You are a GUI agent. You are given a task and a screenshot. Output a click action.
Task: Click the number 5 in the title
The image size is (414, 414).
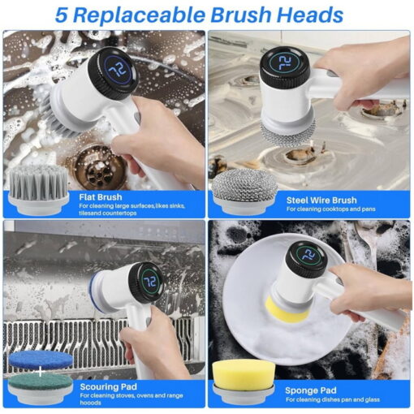(61, 15)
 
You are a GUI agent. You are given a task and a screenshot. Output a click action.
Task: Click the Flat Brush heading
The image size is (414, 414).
(101, 197)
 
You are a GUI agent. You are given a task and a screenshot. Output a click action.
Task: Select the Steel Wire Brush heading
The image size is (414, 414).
(321, 201)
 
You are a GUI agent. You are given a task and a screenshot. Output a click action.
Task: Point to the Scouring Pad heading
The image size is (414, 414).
(108, 386)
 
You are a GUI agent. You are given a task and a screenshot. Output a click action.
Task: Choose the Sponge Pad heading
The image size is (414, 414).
(311, 390)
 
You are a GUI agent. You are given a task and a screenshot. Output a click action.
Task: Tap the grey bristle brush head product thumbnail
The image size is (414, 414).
(38, 189)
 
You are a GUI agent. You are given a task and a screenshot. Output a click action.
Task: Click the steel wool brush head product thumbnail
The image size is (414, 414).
(245, 192)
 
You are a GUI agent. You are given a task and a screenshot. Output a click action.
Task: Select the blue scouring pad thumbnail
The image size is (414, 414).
(41, 360)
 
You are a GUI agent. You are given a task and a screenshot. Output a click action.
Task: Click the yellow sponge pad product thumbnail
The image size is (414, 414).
(244, 382)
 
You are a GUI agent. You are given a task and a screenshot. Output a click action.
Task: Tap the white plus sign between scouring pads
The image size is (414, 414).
(40, 373)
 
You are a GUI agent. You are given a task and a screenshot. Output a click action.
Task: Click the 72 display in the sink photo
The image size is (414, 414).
(118, 70)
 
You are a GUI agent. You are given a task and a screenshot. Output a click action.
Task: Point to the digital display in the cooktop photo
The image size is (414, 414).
(285, 64)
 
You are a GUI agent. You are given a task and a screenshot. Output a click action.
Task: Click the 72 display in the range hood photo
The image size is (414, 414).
(149, 282)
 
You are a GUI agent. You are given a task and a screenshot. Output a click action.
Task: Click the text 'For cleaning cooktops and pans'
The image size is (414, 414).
(330, 209)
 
